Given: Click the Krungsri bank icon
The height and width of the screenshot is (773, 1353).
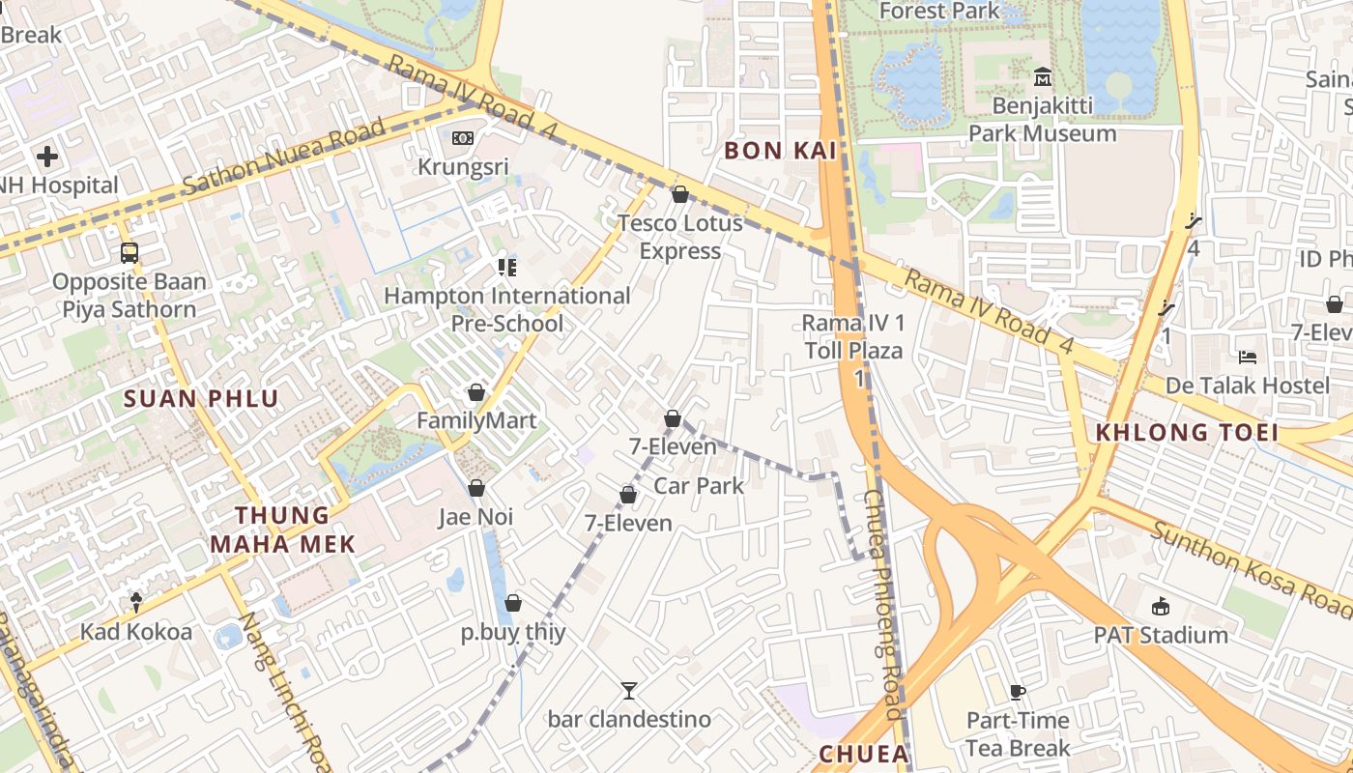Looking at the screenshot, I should point(463,138).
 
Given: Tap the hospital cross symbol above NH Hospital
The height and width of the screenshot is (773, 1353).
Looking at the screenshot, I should point(46,157).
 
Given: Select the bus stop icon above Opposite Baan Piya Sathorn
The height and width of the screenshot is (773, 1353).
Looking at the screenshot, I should point(130,253).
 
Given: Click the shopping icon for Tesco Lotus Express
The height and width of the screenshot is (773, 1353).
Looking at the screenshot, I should point(680,194).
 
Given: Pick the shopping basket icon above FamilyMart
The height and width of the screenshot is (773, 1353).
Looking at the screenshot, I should point(476,392).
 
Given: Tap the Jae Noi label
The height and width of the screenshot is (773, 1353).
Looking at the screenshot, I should point(475,517).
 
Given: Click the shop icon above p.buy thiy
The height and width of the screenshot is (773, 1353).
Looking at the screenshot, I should point(513,603).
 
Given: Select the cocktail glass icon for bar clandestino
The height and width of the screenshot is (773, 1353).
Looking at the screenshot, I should point(629,690).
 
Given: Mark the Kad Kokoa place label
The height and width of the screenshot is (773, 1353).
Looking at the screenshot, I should point(136,632).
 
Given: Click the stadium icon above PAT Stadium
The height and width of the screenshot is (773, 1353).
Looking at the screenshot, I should point(1161,607).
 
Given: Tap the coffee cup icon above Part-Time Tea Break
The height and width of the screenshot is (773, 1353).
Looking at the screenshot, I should point(1018,692).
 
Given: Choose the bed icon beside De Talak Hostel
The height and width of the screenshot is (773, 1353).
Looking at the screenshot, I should point(1248,358).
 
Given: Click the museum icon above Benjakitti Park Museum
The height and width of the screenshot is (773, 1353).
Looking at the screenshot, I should point(1043,76).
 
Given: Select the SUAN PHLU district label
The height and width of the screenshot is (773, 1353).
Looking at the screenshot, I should point(201,398).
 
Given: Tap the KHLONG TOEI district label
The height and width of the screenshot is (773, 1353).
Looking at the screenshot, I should point(1186,432).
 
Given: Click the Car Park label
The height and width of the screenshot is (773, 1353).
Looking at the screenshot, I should point(699,485).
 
